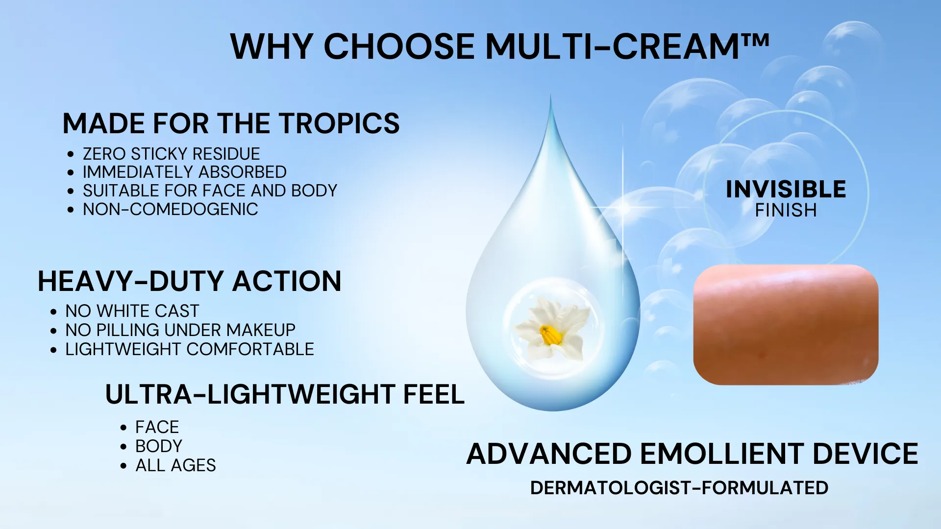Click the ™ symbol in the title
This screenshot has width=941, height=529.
[x=755, y=40]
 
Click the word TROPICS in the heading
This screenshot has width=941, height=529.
[x=340, y=123]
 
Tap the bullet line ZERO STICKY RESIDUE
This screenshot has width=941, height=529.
[x=171, y=154]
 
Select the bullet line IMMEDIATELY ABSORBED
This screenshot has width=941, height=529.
[x=184, y=172]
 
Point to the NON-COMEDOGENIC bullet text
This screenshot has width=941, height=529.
[x=170, y=209]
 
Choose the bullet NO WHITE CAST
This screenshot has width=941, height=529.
[x=132, y=311]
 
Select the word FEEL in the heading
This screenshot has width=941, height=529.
[x=434, y=395]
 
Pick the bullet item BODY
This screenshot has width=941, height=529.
[x=159, y=446]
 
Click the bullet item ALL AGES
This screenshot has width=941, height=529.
[x=175, y=465]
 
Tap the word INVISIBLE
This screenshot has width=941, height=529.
[x=786, y=190]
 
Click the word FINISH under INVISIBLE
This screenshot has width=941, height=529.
[x=786, y=211]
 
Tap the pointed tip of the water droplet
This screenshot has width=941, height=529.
[x=551, y=96]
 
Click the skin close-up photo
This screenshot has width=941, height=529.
[x=786, y=325]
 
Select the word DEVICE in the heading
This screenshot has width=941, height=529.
[x=866, y=454]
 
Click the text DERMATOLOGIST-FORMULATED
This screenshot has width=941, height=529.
[x=679, y=488]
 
